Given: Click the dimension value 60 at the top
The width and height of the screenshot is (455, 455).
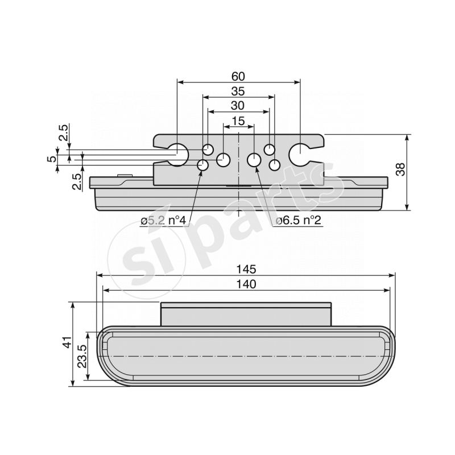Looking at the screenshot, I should coord(239,76).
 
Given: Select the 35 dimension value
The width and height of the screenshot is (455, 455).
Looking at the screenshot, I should coord(239,91).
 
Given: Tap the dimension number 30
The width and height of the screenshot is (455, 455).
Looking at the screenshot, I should coord(238,106).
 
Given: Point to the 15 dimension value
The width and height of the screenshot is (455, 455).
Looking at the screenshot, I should coord(238,121).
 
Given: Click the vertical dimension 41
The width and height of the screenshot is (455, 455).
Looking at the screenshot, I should coord(67,344).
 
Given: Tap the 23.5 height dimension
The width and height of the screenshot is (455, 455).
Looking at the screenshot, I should coord(81,357).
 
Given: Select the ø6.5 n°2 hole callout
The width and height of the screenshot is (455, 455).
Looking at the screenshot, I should coord(299,221).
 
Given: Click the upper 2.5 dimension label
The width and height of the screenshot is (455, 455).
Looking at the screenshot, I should coord(64,133).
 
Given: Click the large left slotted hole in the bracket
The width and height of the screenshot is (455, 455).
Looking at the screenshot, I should coord(179,154).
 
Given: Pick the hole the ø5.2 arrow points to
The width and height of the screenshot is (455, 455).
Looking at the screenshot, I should coord(202,166).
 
